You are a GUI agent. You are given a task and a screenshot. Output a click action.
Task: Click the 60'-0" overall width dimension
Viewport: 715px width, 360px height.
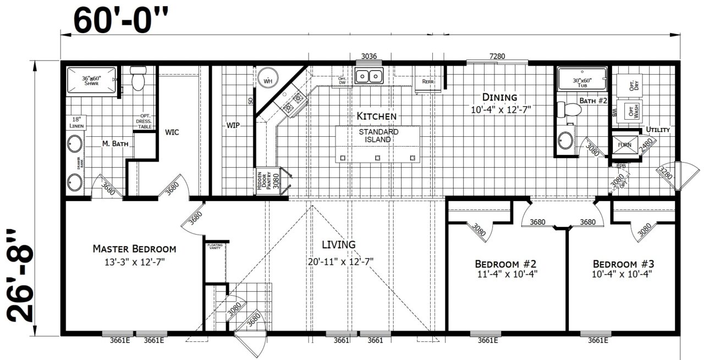(x=118, y=20)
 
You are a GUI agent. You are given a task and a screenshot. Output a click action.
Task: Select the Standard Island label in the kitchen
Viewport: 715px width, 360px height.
(x=378, y=136)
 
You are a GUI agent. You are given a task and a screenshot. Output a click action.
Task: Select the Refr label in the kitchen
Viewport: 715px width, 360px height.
(x=428, y=81)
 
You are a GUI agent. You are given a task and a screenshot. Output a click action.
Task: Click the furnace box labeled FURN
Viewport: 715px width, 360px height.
(x=625, y=145)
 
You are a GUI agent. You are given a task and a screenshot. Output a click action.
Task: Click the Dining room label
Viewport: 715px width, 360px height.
(x=499, y=97)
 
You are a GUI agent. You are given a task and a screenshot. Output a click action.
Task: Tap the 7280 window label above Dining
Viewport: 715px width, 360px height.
(x=497, y=56)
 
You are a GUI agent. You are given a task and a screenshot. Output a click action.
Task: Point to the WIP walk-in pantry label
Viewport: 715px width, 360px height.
(x=233, y=125)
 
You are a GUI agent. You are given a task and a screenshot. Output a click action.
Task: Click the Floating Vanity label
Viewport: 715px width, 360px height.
(x=215, y=247)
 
